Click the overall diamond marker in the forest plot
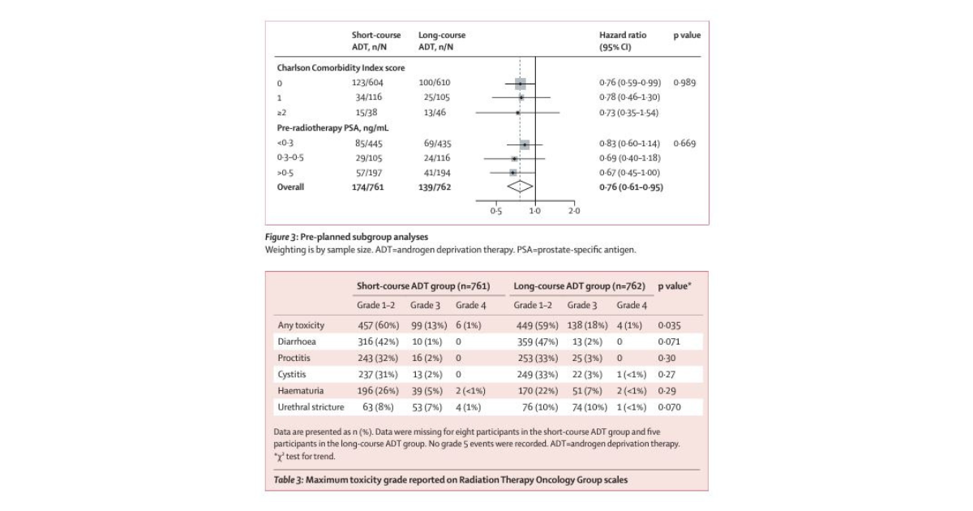click(520, 187)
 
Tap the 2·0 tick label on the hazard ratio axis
click(573, 211)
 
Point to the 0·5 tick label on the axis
click(495, 211)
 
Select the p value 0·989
click(684, 83)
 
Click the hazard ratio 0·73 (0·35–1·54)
click(630, 113)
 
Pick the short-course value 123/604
click(369, 83)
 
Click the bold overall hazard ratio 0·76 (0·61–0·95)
click(631, 187)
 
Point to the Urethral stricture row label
click(311, 407)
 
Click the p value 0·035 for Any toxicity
click(669, 325)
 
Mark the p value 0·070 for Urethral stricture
click(669, 407)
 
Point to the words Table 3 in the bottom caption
click(288, 480)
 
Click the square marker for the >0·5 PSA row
click(512, 173)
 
